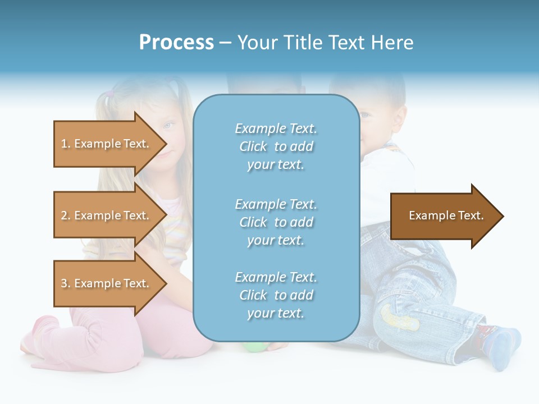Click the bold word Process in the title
coord(176,43)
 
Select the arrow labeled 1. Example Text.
coord(107,144)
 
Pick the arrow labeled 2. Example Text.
coord(107,215)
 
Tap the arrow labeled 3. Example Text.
coord(107,283)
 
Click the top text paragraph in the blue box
coord(276,146)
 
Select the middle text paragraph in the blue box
coord(276,222)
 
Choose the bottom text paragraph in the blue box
coord(276,295)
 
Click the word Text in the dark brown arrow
coord(471,215)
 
